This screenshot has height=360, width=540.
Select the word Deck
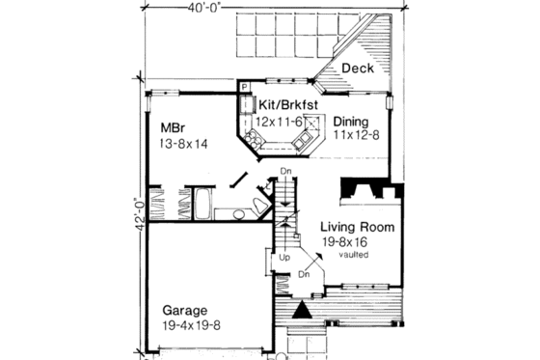tap(356, 69)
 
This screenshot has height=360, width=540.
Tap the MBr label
tap(175, 126)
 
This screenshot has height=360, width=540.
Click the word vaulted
tap(354, 258)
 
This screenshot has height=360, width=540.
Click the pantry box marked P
tap(245, 87)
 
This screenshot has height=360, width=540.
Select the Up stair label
tap(283, 259)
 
